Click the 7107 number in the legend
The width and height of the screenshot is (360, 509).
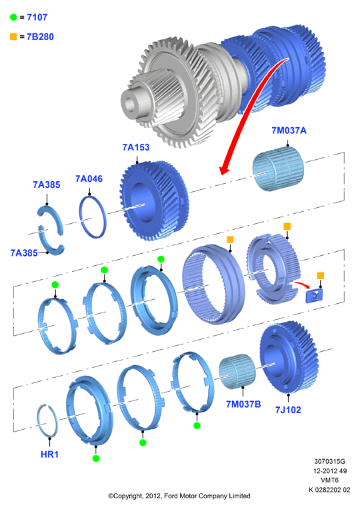click(37, 17)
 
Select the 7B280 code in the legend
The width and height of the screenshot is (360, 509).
click(40, 37)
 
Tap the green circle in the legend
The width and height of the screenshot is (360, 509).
click(13, 17)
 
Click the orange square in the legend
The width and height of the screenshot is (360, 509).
click(13, 37)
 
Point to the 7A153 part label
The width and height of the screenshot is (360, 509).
click(136, 147)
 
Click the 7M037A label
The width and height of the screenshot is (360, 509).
click(289, 131)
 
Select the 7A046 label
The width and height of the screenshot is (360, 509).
click(89, 179)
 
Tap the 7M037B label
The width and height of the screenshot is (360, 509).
click(243, 404)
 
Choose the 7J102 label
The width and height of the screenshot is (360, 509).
click(288, 410)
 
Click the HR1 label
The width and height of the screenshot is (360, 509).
click(50, 454)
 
